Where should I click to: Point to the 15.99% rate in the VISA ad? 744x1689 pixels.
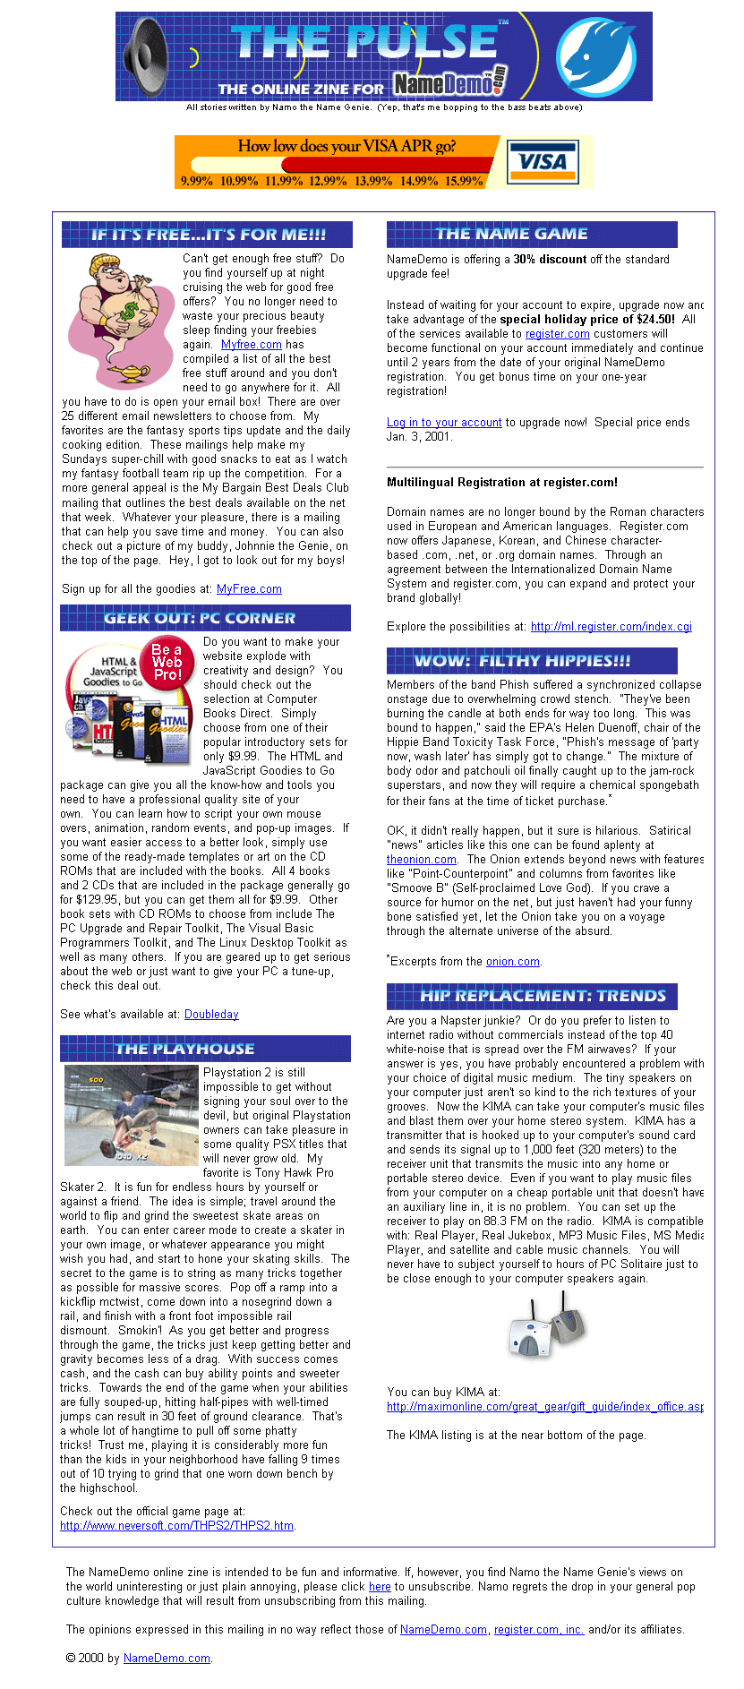pos(464,181)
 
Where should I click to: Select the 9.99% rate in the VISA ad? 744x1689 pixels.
pos(197,181)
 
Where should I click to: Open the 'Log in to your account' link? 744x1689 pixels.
pos(444,423)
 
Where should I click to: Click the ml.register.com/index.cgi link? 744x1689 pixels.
pos(611,627)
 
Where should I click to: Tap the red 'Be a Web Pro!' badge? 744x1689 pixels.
pos(167,662)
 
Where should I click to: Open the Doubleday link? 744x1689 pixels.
pos(211,1015)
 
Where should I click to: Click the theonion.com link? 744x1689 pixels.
pos(422,860)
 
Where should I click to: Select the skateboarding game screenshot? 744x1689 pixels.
pos(131,1115)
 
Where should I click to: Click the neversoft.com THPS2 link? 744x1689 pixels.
pos(176,1526)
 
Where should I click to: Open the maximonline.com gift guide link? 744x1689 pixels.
pos(544,1407)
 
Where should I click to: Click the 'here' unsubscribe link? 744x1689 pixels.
pos(380,1586)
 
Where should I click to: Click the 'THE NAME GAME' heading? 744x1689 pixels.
pos(511,235)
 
